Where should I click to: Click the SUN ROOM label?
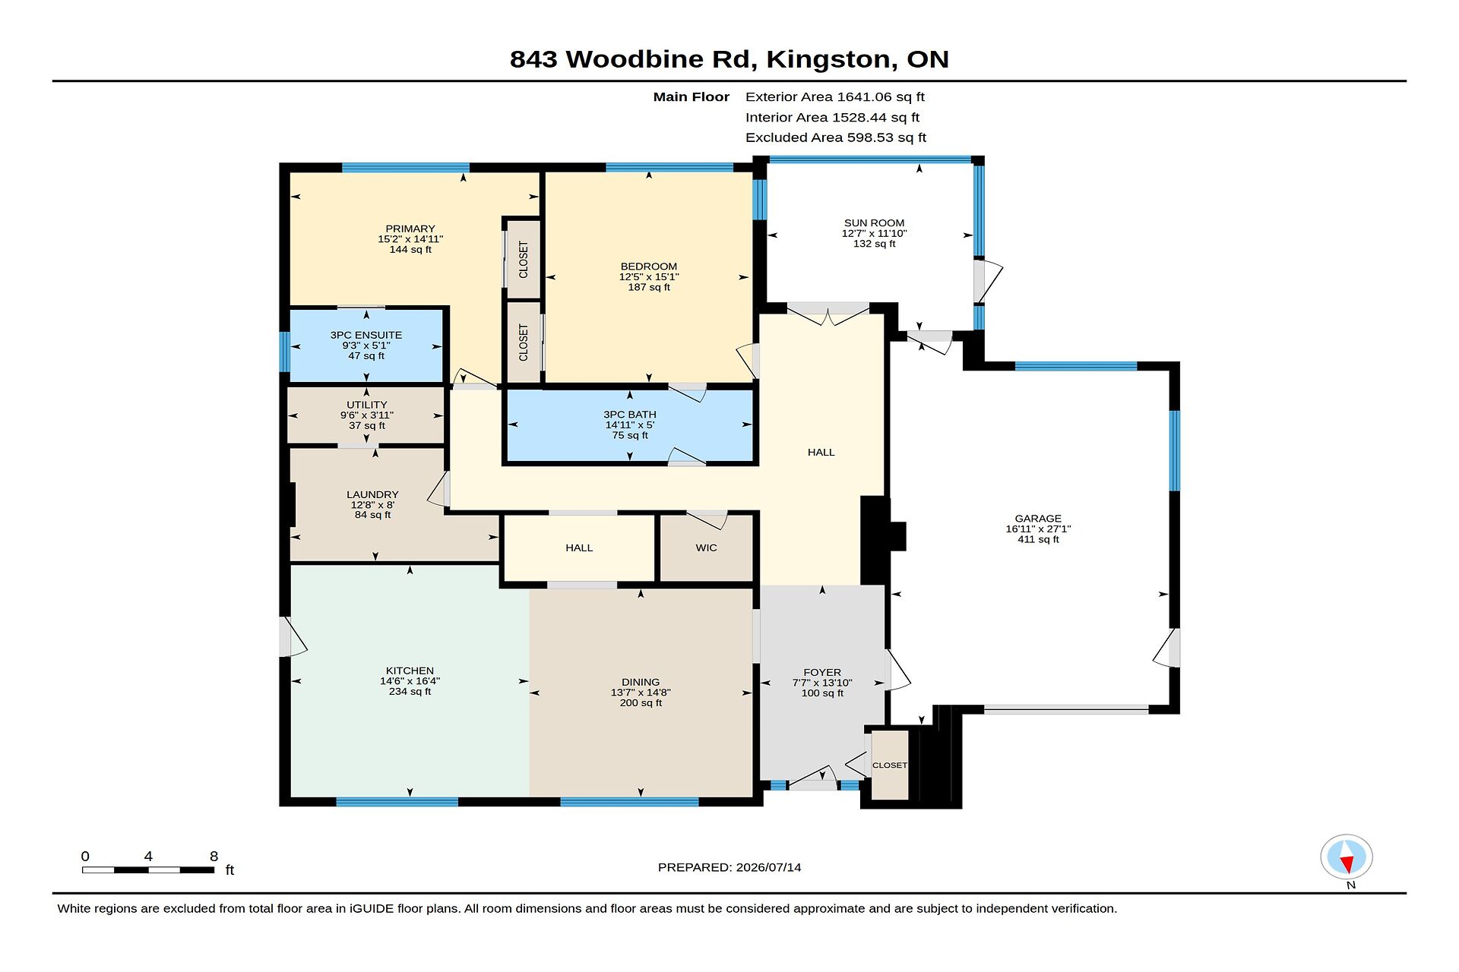tap(874, 223)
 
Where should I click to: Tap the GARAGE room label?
tap(1038, 519)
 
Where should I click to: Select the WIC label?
tap(706, 548)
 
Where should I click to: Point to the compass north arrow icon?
tap(1347, 858)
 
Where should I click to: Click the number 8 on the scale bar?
tap(214, 857)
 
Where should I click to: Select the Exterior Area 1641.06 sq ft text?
tap(835, 96)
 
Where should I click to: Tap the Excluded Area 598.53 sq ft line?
tap(836, 137)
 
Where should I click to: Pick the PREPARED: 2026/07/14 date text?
tap(729, 867)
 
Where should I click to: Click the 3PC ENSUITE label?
tap(366, 335)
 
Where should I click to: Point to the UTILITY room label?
tap(367, 405)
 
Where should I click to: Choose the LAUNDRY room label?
tap(372, 494)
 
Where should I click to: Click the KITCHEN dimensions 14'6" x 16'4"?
tap(410, 681)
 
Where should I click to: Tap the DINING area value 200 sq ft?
tap(641, 703)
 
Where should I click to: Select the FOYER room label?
tap(822, 672)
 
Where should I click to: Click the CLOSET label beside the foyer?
tap(890, 765)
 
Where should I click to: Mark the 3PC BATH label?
tap(630, 415)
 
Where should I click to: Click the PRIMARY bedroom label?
tap(410, 229)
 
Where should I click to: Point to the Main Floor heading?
tap(692, 96)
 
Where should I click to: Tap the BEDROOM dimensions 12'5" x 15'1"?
tap(649, 277)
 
